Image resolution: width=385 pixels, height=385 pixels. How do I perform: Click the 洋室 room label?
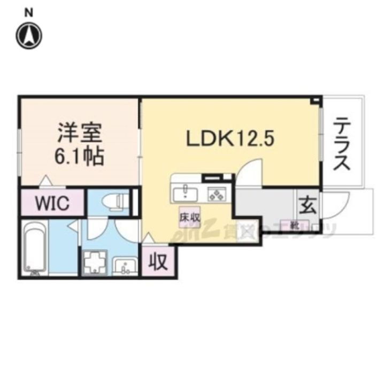[79, 132]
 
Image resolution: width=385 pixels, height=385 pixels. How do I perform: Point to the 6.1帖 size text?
[79, 156]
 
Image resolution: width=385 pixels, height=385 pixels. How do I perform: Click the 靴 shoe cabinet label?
[294, 225]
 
